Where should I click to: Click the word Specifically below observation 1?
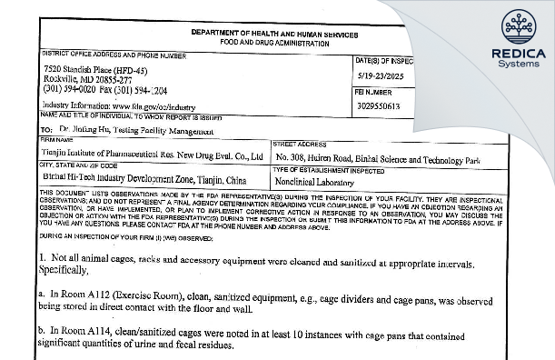(69, 270)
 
